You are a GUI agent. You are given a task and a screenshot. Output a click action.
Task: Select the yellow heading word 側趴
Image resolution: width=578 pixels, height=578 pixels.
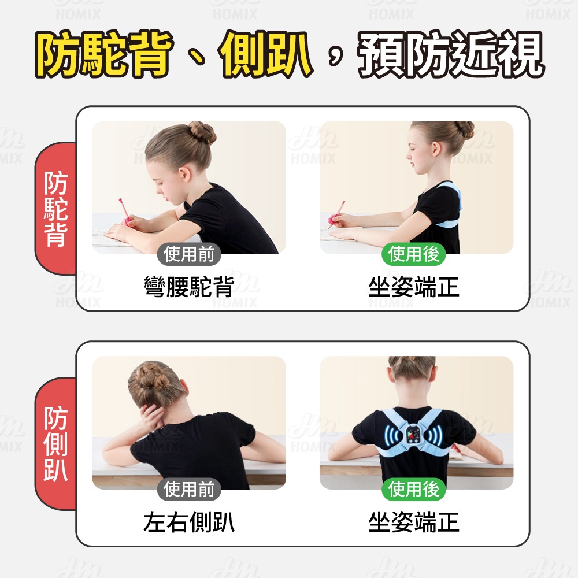(x=265, y=54)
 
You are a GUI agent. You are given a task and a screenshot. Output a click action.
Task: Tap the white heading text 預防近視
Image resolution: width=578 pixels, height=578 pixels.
(x=450, y=54)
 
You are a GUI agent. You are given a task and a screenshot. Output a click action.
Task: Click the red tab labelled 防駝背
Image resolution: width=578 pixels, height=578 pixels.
(x=55, y=209)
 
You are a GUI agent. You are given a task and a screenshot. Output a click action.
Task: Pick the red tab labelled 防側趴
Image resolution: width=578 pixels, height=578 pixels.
(x=55, y=444)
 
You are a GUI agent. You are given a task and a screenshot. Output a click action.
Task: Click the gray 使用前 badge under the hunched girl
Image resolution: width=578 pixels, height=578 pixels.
(x=189, y=254)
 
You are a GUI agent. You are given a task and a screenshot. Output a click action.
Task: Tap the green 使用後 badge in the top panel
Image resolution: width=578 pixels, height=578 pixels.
(x=414, y=254)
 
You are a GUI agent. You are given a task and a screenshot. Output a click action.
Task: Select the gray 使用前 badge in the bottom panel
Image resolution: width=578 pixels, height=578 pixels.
(x=189, y=490)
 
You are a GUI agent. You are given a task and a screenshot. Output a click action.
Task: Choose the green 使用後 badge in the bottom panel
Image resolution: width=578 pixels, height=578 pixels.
(x=414, y=490)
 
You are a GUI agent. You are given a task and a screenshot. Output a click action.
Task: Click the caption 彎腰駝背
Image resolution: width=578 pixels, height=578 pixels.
(x=189, y=287)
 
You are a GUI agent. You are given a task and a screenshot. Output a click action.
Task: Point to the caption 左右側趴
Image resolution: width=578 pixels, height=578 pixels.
(x=189, y=522)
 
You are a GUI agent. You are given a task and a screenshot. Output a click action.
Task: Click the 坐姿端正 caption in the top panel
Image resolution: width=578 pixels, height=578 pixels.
(x=414, y=287)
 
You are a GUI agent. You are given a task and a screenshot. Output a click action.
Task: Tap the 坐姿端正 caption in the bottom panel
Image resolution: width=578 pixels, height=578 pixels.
(x=414, y=522)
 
